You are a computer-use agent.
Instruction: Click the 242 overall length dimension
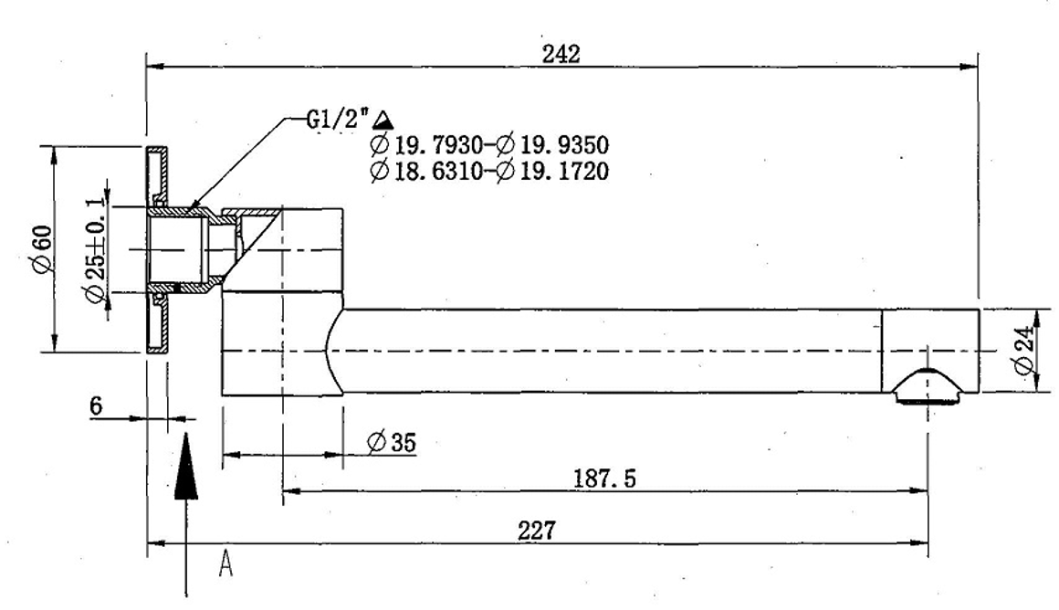[561, 54]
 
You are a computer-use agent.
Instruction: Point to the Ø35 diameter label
[392, 443]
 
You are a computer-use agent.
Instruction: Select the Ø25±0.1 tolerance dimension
[93, 247]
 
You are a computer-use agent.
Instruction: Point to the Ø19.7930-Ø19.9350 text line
[489, 144]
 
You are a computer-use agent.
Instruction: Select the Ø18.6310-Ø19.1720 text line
[489, 171]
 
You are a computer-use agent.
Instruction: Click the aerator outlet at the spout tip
[928, 386]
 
